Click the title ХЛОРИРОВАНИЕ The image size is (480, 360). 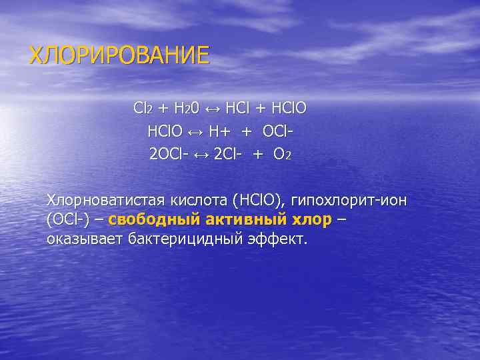tap(119, 54)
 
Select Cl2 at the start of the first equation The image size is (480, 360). tap(143, 108)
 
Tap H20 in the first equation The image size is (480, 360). tap(185, 108)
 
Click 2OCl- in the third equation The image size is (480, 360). tap(169, 155)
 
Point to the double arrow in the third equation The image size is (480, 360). tap(201, 155)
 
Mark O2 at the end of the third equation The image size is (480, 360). tap(282, 155)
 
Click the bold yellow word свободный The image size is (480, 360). tap(153, 219)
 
